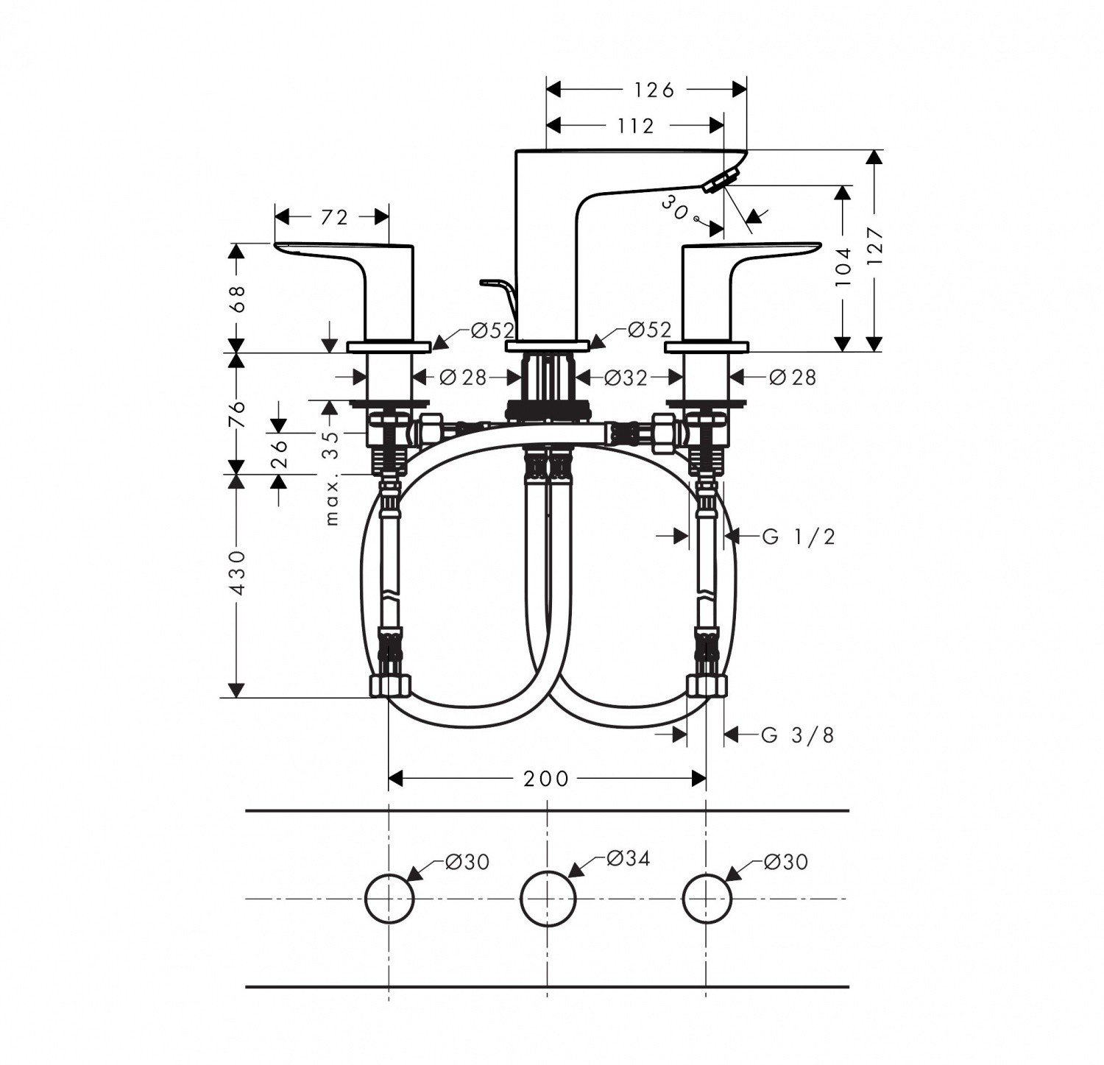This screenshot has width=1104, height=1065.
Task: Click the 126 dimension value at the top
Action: click(x=654, y=90)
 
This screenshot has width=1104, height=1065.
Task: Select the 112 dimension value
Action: click(x=636, y=127)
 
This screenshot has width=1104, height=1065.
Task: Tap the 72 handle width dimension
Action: click(x=333, y=217)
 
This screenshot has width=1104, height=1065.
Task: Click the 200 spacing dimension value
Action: click(x=546, y=778)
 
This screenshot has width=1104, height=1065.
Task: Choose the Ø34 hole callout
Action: click(x=628, y=858)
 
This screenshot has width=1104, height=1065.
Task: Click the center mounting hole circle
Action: click(x=548, y=898)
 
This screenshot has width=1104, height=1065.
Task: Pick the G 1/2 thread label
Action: click(x=799, y=537)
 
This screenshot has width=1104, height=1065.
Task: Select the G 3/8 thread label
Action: click(x=799, y=735)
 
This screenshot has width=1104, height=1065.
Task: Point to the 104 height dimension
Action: click(x=843, y=266)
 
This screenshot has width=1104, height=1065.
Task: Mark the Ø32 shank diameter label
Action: click(x=626, y=378)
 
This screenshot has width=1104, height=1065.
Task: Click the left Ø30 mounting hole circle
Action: click(x=389, y=898)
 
